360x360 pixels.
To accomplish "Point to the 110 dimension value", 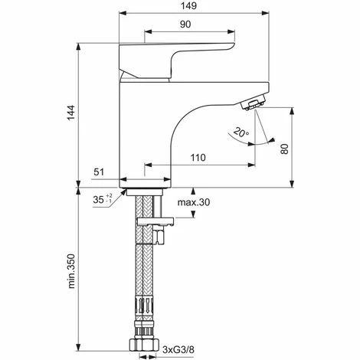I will point(198,157).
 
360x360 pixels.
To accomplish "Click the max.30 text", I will point(194,203).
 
